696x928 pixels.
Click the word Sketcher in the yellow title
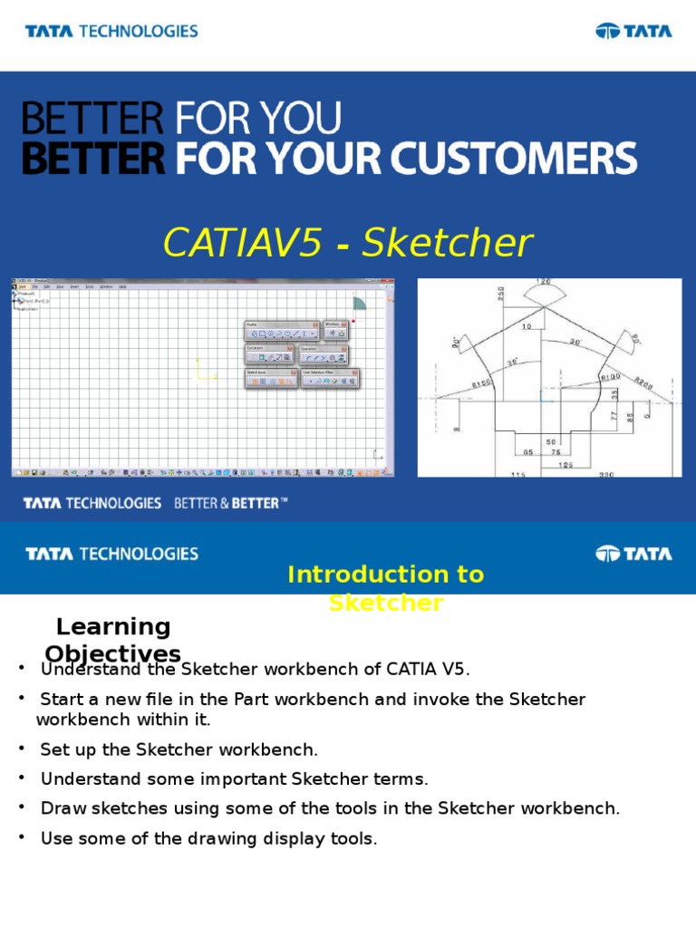(x=446, y=243)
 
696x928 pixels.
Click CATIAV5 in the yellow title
(x=242, y=243)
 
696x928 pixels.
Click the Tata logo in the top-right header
(x=633, y=31)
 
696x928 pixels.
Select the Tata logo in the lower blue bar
(x=633, y=553)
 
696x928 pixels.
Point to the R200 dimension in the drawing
(x=647, y=382)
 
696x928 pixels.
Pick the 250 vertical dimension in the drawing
(x=500, y=295)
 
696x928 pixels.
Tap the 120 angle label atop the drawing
(x=544, y=283)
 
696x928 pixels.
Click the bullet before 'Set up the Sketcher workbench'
(x=21, y=749)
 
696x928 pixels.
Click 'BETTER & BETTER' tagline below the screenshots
(x=230, y=503)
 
